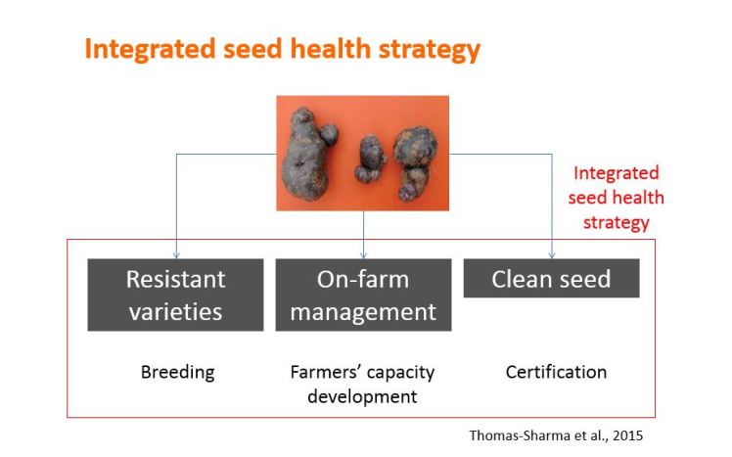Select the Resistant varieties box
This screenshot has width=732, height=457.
click(175, 295)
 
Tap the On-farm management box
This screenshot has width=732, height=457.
click(363, 295)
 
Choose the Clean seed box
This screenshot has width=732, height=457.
click(551, 279)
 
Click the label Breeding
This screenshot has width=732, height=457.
click(177, 373)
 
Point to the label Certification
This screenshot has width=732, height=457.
click(556, 373)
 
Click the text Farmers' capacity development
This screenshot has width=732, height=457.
click(362, 384)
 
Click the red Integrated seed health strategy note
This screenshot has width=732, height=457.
click(618, 198)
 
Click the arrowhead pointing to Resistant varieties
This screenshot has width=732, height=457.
click(176, 253)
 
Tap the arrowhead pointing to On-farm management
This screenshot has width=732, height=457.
click(364, 253)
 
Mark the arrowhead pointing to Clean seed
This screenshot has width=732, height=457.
click(552, 253)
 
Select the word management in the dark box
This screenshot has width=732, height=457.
click(363, 312)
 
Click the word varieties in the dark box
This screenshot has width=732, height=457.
click(175, 312)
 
